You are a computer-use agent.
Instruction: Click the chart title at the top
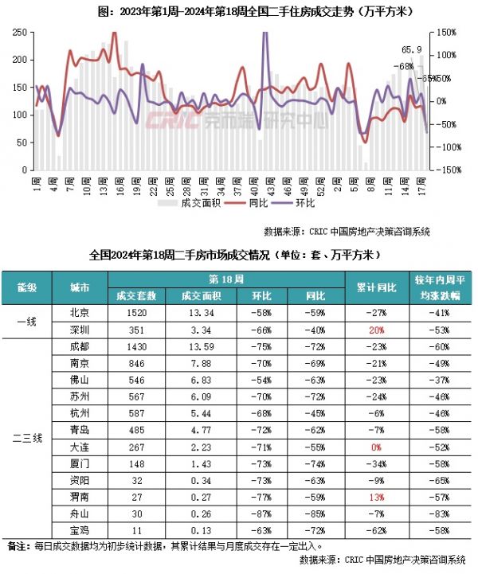tap(239, 11)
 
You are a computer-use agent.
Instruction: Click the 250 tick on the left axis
tap(18, 33)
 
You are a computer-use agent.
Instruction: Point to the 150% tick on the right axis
tap(446, 33)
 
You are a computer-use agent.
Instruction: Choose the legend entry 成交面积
tap(188, 203)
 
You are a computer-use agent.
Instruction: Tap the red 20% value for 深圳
tap(377, 329)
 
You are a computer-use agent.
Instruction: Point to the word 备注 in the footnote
tap(17, 547)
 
